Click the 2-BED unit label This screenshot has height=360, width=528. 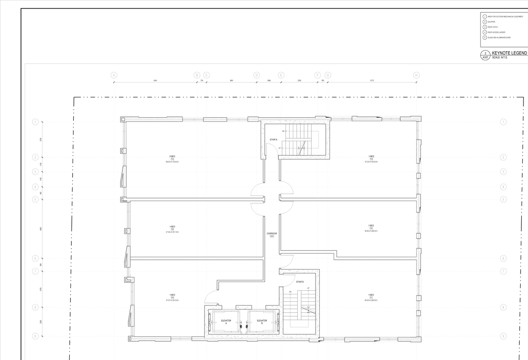pyautogui.click(x=172, y=156)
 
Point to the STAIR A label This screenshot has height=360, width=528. pyautogui.click(x=273, y=140)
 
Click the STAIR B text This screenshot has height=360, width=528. pyautogui.click(x=300, y=282)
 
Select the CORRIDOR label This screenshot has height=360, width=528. pyautogui.click(x=272, y=234)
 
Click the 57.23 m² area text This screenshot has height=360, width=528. pyautogui.click(x=371, y=162)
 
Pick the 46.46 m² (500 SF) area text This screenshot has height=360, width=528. pyautogui.click(x=371, y=231)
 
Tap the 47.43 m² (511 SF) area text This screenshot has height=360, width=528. pyautogui.click(x=172, y=232)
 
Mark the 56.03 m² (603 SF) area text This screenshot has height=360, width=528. pyautogui.click(x=371, y=301)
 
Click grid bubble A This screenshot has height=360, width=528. pyautogui.click(x=114, y=75)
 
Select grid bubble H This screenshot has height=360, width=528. pyautogui.click(x=417, y=75)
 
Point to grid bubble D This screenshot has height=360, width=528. pyautogui.click(x=257, y=75)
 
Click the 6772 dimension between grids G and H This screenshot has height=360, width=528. pyautogui.click(x=372, y=81)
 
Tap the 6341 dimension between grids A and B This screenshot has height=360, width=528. pyautogui.click(x=155, y=81)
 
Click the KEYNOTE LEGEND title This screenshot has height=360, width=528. pyautogui.click(x=509, y=53)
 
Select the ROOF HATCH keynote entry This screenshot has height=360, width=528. pyautogui.click(x=493, y=27)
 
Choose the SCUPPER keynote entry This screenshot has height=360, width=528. pyautogui.click(x=491, y=22)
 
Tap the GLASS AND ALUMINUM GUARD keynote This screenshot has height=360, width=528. pyautogui.click(x=499, y=38)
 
